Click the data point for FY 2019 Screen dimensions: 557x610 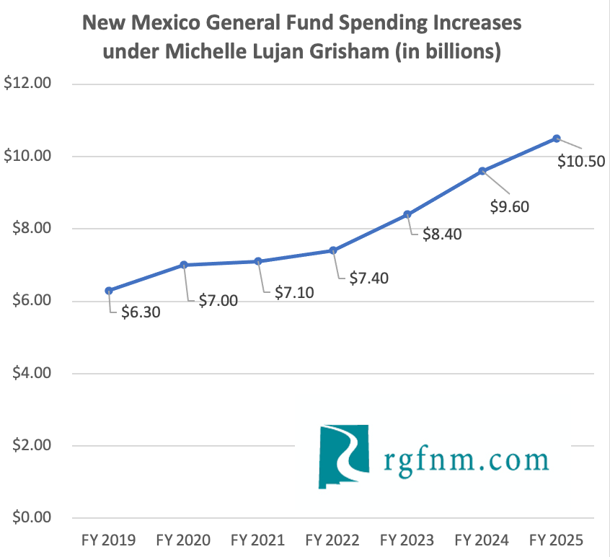coord(109,290)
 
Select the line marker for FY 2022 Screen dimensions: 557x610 coord(332,250)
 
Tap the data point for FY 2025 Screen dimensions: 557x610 coord(557,139)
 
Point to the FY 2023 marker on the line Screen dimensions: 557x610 coord(407,214)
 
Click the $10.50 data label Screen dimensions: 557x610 coord(581,162)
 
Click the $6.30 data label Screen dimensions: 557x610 coord(141,312)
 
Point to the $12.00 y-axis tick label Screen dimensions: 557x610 coord(28,84)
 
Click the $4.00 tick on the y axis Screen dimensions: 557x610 coord(28,373)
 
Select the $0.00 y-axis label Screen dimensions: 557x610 coord(28,518)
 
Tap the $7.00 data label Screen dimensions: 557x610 coord(218,301)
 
